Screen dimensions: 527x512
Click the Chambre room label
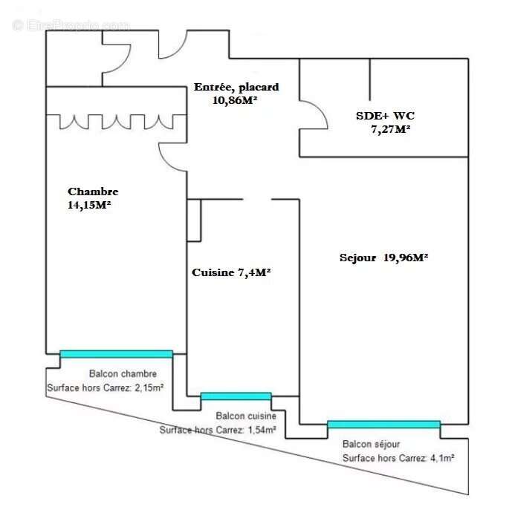tap(93, 192)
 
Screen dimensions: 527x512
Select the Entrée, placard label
tap(236, 87)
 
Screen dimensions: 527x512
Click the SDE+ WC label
tap(383, 116)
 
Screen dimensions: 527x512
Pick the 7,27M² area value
tap(391, 129)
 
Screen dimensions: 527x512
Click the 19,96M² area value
tap(406, 258)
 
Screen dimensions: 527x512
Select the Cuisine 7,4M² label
tap(231, 272)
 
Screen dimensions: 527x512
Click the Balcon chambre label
tap(123, 373)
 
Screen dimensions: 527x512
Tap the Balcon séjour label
tap(371, 444)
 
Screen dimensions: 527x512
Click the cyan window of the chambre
tap(116, 354)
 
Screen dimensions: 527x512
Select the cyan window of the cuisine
tap(236, 396)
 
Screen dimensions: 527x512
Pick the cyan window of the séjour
tap(383, 425)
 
